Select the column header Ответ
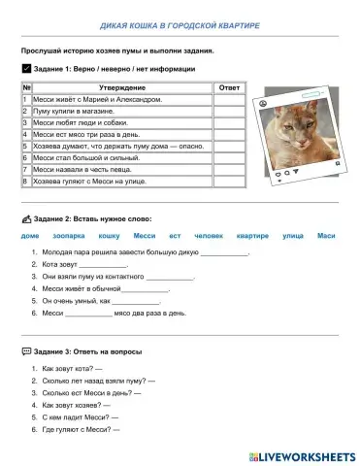pyautogui.click(x=230, y=87)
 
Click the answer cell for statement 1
pyautogui.click(x=230, y=99)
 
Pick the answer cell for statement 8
pyautogui.click(x=230, y=181)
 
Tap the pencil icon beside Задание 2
pyautogui.click(x=25, y=218)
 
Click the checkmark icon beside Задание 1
pyautogui.click(x=25, y=69)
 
